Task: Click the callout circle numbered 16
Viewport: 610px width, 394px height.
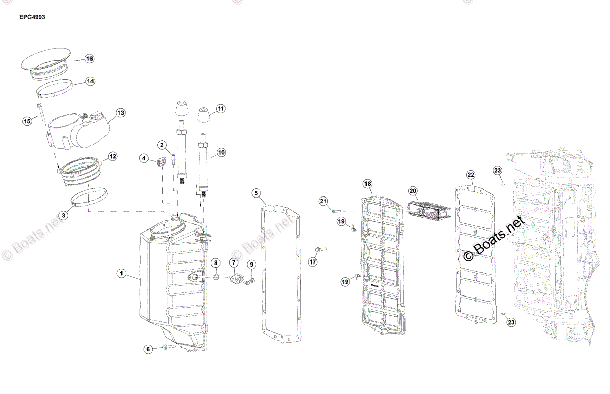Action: point(89,59)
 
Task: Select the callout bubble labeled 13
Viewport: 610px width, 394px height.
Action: point(120,112)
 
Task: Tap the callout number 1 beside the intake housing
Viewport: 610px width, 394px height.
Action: point(121,274)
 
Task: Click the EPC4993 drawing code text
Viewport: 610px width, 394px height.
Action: point(33,17)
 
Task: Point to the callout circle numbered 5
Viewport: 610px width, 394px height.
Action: point(256,193)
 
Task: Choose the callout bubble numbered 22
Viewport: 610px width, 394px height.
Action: point(471,175)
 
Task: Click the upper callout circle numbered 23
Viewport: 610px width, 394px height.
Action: point(497,170)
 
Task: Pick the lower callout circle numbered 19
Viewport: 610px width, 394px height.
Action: point(345,281)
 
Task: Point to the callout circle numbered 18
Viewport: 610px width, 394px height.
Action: point(368,183)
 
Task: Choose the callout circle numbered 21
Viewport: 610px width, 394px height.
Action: point(323,202)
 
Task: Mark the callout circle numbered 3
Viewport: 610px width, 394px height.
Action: point(63,215)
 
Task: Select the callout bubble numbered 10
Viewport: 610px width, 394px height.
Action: point(221,152)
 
